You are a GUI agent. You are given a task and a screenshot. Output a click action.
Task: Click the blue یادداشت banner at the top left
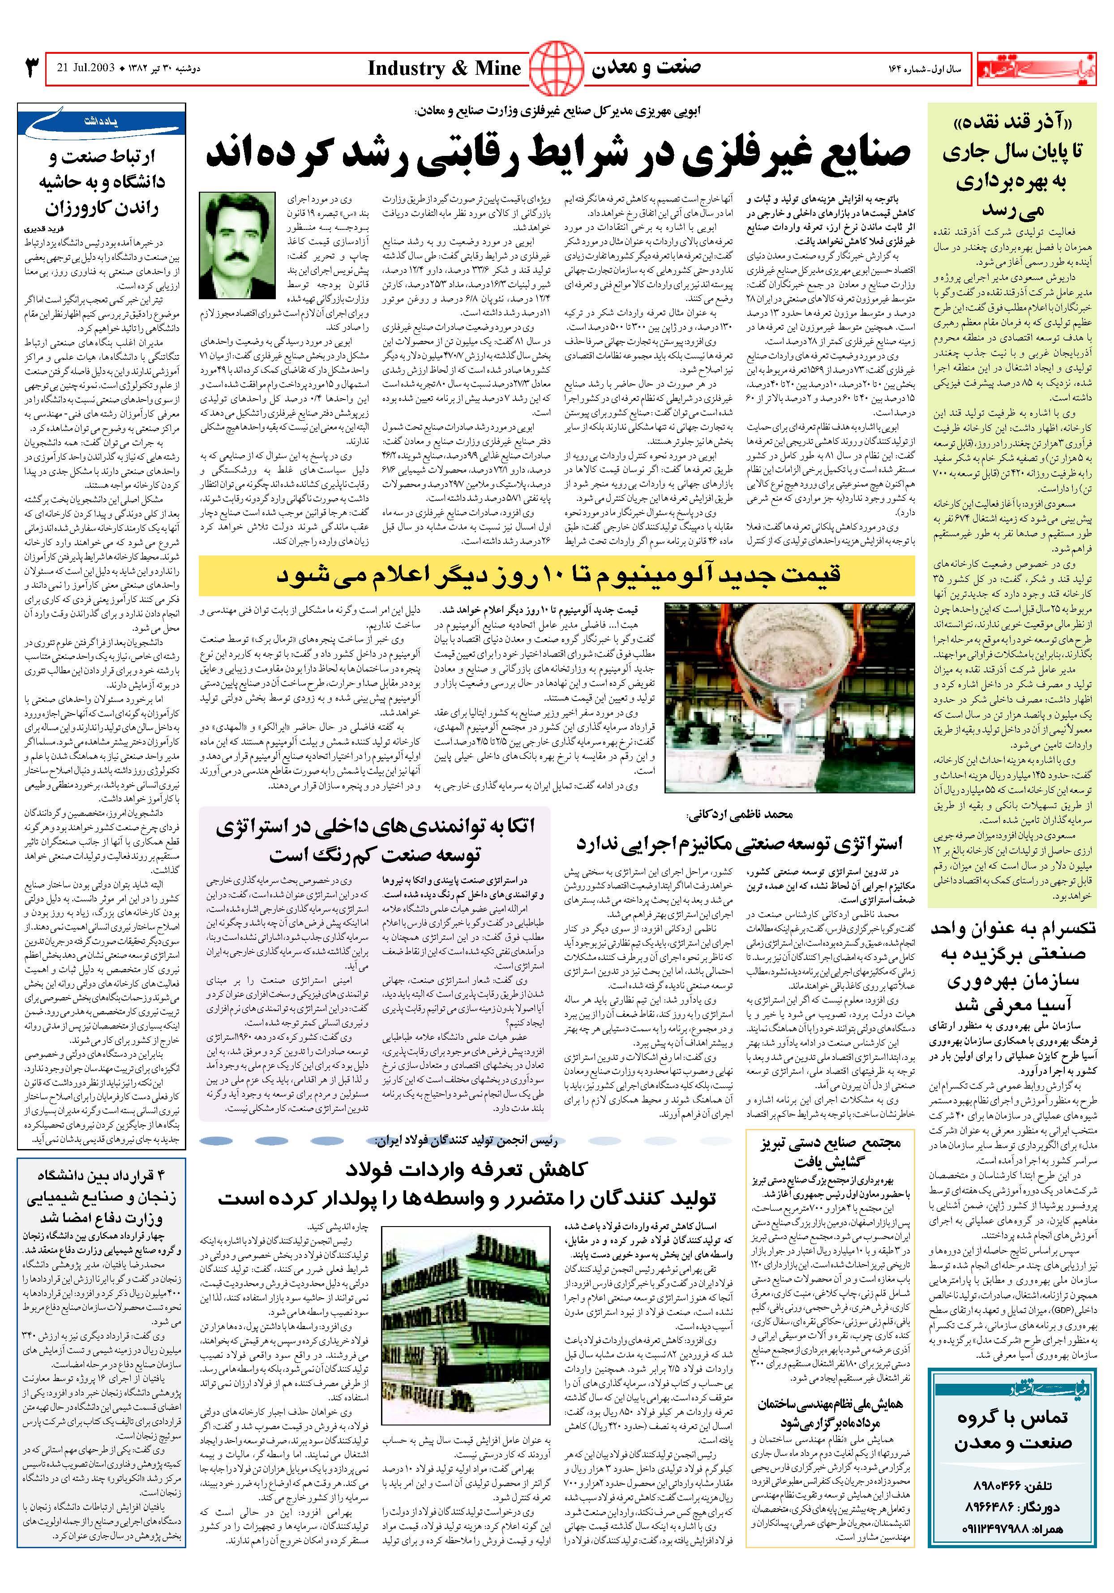pyautogui.click(x=103, y=122)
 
